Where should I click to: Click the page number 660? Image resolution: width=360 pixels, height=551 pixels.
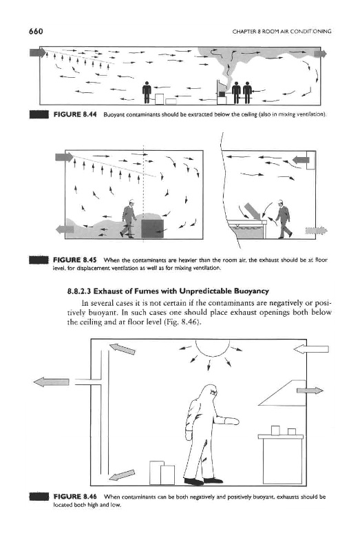(x=36, y=32)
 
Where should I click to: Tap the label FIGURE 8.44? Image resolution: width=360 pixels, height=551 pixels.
(x=75, y=114)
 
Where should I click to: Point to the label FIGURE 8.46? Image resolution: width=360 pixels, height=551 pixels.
(x=75, y=497)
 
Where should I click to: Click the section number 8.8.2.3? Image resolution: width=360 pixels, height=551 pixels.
(x=79, y=291)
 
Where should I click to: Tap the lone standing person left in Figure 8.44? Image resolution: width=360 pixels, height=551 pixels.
(x=147, y=93)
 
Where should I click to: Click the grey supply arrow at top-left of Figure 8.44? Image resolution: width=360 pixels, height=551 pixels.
(x=38, y=53)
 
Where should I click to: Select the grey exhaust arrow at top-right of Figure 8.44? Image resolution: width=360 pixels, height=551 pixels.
(x=320, y=54)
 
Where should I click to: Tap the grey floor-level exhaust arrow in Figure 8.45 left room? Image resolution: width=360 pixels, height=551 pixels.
(x=65, y=229)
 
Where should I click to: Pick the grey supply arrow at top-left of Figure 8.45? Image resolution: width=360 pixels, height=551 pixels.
(x=64, y=157)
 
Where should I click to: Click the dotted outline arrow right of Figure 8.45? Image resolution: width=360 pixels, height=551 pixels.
(x=316, y=231)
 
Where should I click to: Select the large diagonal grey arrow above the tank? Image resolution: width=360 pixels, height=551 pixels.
(x=252, y=211)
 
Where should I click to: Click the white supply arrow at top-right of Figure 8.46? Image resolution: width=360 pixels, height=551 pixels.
(x=311, y=349)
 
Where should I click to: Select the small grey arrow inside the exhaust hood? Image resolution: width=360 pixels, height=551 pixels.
(x=310, y=391)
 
